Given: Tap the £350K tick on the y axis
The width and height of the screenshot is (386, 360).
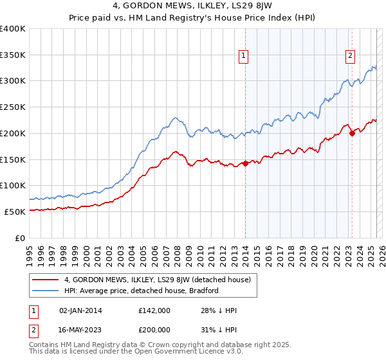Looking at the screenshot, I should click(x=14, y=55).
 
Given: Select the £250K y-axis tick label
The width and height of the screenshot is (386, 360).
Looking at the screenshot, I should click(x=14, y=107).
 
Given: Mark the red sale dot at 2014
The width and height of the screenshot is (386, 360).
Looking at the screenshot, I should click(x=245, y=163).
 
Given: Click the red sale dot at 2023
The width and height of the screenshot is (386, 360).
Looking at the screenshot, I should click(x=352, y=133).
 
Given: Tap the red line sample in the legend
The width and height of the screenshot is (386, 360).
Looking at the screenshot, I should click(x=46, y=280).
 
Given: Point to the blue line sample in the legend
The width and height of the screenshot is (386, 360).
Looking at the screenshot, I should click(x=46, y=291).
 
